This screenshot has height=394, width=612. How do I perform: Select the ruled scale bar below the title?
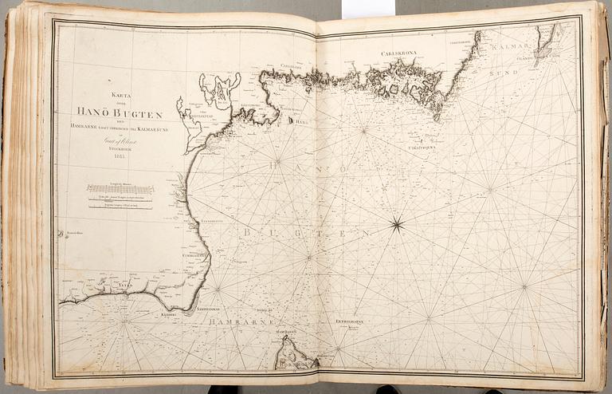click(120, 190)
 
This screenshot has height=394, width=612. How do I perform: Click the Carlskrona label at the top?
click(400, 54)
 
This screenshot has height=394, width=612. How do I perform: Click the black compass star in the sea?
click(396, 225)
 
